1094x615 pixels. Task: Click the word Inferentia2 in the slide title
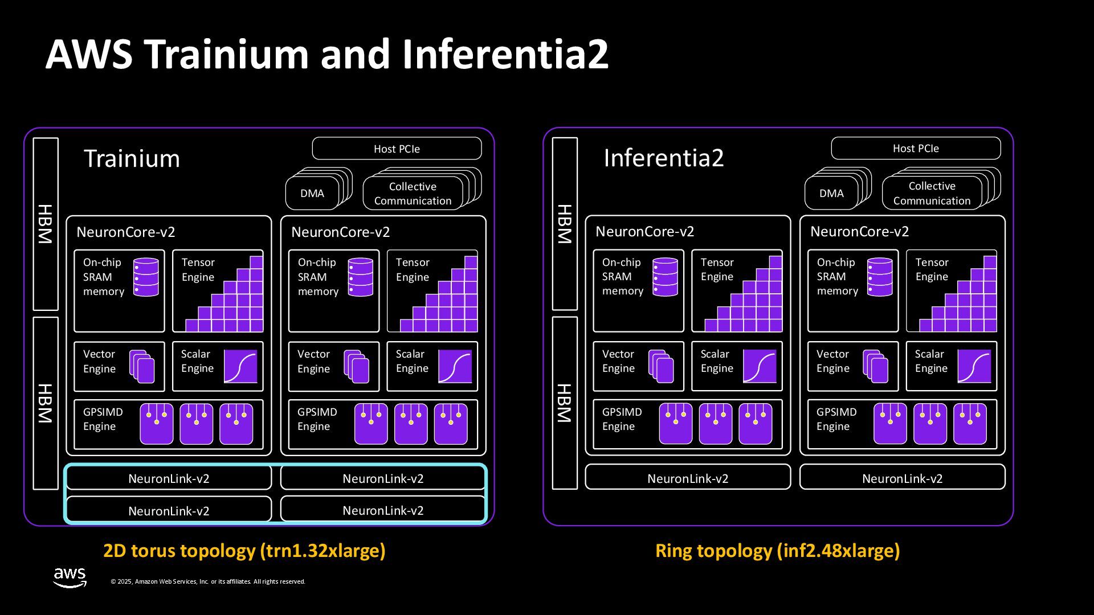(505, 55)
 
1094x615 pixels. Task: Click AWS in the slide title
(88, 55)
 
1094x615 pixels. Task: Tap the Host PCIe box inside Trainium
(397, 149)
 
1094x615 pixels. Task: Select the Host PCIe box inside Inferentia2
(916, 148)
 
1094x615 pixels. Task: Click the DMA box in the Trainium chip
(312, 194)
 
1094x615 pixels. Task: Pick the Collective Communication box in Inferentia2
(932, 194)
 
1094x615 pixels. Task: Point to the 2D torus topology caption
(244, 551)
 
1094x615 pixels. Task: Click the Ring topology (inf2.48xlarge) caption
(777, 551)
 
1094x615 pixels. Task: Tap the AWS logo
(70, 577)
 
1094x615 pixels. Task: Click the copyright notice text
(208, 581)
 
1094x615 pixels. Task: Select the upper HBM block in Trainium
(46, 224)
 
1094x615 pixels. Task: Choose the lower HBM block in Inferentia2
(565, 403)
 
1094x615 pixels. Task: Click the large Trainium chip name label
(132, 158)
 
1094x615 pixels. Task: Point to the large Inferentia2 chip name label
(663, 158)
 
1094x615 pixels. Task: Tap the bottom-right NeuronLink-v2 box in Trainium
(383, 510)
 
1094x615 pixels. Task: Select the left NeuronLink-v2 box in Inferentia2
(688, 478)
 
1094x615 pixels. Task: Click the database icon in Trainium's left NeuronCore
(146, 277)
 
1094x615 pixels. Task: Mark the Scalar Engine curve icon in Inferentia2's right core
(974, 366)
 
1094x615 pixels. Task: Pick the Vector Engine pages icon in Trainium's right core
(357, 366)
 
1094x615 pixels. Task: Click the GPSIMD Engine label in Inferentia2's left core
(622, 419)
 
